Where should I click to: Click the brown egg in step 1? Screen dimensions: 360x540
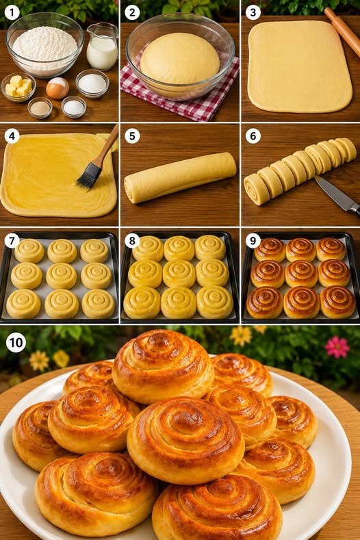point(57,88)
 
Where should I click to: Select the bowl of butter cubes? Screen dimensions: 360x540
point(18,87)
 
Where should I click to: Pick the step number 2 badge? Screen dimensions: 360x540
point(132,13)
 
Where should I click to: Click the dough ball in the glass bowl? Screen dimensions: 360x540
point(180,59)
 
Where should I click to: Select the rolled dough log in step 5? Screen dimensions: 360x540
point(180,177)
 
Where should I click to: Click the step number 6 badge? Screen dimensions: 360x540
point(253,136)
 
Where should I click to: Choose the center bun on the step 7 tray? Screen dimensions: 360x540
point(62,276)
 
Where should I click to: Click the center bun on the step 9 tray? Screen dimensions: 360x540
point(301,274)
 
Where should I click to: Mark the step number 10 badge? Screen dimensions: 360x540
point(16,343)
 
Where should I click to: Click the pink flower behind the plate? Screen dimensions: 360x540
point(337,347)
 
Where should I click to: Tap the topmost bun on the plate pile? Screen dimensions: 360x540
point(163,366)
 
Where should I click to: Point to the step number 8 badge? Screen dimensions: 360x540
point(132,241)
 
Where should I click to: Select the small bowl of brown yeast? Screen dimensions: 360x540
point(40,107)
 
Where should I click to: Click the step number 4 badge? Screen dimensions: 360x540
point(12,136)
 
